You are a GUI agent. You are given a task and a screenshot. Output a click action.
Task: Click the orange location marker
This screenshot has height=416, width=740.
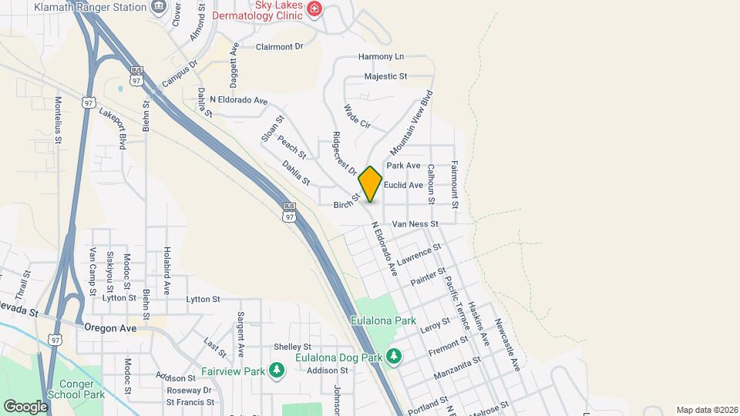(x=370, y=183)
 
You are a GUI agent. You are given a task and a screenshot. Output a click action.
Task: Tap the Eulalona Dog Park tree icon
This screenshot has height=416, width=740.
(x=394, y=356)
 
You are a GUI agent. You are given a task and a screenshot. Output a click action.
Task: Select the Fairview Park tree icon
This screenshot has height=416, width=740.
(x=277, y=371)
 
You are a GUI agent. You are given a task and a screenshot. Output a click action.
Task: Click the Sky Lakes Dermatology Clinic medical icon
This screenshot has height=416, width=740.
(x=314, y=9)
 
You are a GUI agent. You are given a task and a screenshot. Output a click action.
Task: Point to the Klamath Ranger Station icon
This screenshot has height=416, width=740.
(x=159, y=8)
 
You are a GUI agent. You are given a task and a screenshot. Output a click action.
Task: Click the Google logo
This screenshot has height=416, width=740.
(x=25, y=406)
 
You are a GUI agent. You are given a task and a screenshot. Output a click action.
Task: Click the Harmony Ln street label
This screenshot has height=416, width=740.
(x=381, y=57)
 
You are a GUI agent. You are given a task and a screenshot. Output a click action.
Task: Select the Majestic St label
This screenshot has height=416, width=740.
(x=385, y=76)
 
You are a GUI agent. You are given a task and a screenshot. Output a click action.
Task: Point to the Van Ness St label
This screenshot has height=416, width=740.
(x=415, y=224)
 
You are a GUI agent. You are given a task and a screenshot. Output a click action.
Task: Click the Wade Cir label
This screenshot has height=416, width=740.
(x=358, y=116)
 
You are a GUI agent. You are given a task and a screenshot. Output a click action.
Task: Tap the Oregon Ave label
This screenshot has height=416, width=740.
(x=110, y=327)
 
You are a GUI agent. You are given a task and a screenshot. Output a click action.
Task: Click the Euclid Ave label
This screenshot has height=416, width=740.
(x=404, y=185)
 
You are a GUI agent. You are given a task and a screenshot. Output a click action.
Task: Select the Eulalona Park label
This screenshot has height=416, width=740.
(x=383, y=320)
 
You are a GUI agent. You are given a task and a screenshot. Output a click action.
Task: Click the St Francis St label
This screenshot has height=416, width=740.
(x=190, y=402)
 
